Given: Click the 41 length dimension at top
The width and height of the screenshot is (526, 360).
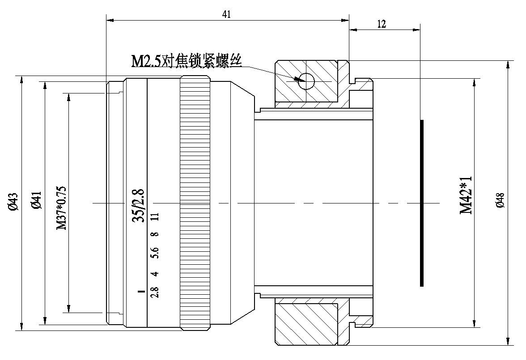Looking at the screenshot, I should point(227,14).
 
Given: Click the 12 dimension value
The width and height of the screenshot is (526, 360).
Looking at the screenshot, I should point(382,24).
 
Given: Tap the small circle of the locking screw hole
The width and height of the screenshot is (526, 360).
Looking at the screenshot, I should point(307,81).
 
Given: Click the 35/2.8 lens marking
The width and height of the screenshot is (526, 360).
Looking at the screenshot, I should point(140,205).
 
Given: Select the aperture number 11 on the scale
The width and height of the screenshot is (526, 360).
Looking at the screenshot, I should point(155,217).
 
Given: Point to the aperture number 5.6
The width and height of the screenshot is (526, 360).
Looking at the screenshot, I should point(155,254).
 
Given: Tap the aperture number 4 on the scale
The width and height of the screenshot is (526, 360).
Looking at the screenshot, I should point(155,274).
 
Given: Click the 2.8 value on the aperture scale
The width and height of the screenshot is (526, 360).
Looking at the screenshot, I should point(155,292).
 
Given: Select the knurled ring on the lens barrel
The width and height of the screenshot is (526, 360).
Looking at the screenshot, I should point(195,203).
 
